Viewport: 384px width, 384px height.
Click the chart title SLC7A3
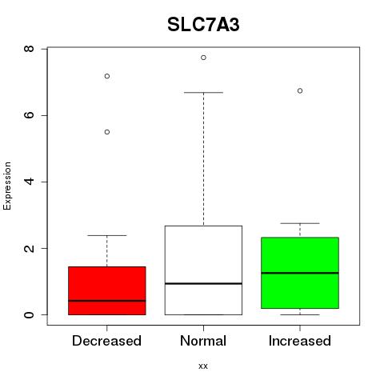coord(203,25)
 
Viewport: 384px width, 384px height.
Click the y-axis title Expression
coord(7,186)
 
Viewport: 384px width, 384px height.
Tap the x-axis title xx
coord(203,366)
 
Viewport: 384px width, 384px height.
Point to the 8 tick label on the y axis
coord(29,49)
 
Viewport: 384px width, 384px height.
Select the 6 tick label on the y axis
coord(29,115)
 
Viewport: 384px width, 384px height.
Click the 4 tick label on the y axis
coord(29,182)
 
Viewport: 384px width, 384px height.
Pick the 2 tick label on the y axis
coord(29,248)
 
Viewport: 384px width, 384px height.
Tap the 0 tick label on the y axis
coord(29,314)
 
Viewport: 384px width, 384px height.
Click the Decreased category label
coord(106,341)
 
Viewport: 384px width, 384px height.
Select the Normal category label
coord(203,341)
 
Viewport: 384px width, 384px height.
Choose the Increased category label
coord(300,341)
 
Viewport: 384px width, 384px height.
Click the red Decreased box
coord(107,290)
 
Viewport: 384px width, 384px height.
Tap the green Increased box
coord(300,273)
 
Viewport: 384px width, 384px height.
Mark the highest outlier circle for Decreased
coord(107,76)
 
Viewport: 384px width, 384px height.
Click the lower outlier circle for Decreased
coord(107,132)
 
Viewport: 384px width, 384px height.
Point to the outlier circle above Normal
coord(203,58)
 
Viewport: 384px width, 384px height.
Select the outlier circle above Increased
coord(300,91)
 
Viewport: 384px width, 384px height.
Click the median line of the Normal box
coord(203,283)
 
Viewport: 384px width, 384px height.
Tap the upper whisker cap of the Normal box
coord(203,93)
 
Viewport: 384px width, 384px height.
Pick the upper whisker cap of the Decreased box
coord(107,235)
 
